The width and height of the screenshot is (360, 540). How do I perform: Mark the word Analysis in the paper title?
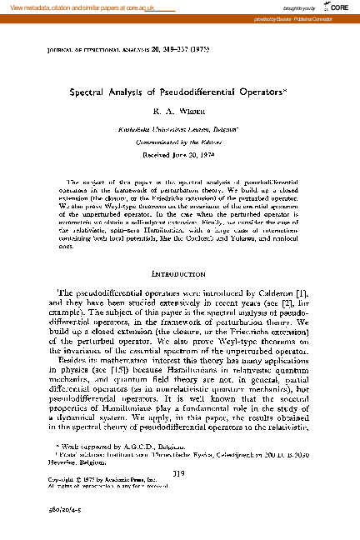pos(133,94)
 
